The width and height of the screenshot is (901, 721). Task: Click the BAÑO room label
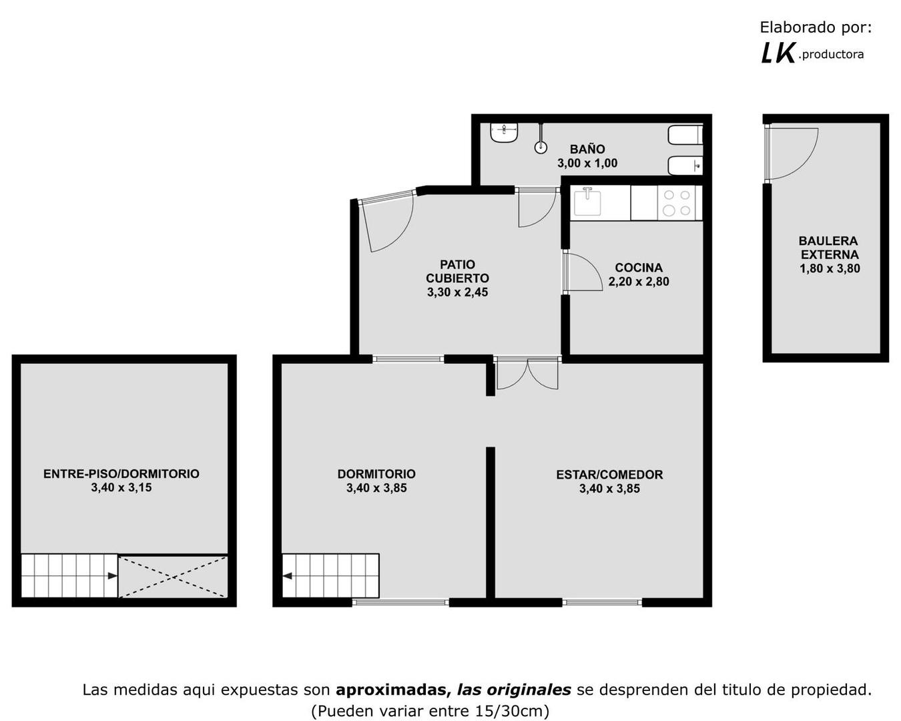click(587, 149)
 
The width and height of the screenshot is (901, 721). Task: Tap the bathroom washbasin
click(505, 133)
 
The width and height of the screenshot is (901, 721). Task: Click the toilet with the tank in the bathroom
click(685, 135)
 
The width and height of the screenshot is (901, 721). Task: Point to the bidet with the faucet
click(685, 165)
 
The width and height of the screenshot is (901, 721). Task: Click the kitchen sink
click(587, 202)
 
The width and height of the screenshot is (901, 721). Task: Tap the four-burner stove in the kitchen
click(676, 203)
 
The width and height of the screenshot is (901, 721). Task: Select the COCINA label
click(639, 268)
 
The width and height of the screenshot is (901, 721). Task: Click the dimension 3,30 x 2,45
click(457, 292)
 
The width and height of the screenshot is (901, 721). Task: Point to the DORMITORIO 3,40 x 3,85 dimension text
click(376, 488)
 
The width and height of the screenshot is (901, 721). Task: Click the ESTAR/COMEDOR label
click(609, 475)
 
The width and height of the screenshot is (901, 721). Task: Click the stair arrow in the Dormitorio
click(288, 575)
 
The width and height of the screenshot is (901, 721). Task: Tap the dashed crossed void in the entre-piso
click(173, 575)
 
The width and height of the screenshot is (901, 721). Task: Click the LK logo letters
click(778, 53)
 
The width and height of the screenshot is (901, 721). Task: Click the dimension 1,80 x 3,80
click(830, 269)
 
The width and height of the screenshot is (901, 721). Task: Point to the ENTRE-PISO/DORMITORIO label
click(121, 474)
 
